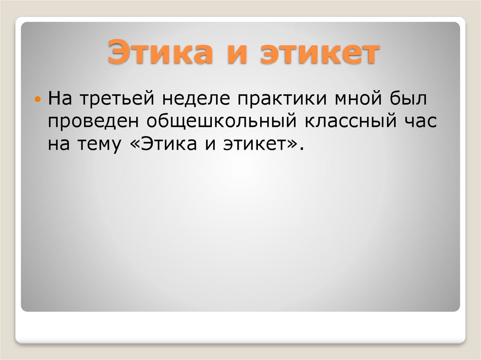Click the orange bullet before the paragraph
coord(39,100)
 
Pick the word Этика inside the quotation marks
coord(163,144)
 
